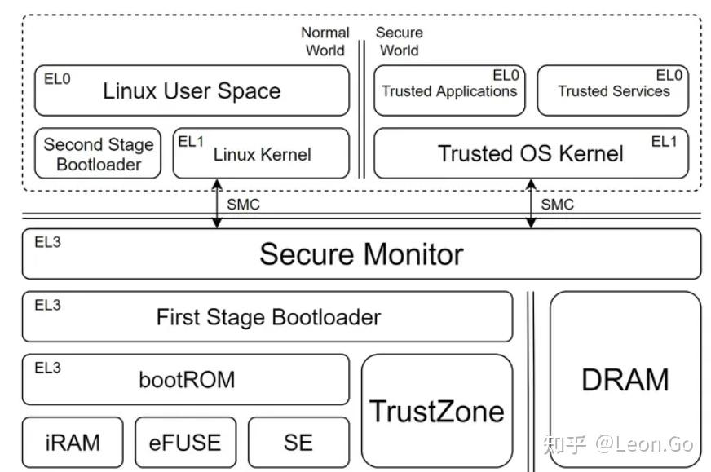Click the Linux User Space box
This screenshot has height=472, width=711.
click(x=192, y=90)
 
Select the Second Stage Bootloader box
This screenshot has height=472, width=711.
click(x=99, y=154)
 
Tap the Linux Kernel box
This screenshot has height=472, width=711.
click(x=262, y=153)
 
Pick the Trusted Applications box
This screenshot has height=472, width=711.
click(x=449, y=90)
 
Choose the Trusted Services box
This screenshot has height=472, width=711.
click(x=613, y=90)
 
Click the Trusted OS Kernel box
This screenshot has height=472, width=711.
click(x=531, y=153)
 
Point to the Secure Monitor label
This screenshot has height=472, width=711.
click(x=361, y=254)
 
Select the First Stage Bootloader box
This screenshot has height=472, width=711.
click(x=267, y=316)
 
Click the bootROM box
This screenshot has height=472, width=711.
click(x=186, y=379)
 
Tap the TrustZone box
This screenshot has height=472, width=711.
click(x=437, y=410)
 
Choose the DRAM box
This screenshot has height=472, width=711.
click(x=625, y=379)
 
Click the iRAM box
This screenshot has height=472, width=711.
click(x=73, y=442)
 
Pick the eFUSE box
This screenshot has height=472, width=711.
click(x=185, y=442)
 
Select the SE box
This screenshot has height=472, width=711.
click(x=298, y=442)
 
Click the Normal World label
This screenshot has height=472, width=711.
click(x=325, y=42)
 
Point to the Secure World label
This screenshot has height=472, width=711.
click(x=399, y=42)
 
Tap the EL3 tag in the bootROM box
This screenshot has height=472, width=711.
click(x=47, y=368)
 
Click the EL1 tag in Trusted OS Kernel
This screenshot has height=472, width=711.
click(x=664, y=142)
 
